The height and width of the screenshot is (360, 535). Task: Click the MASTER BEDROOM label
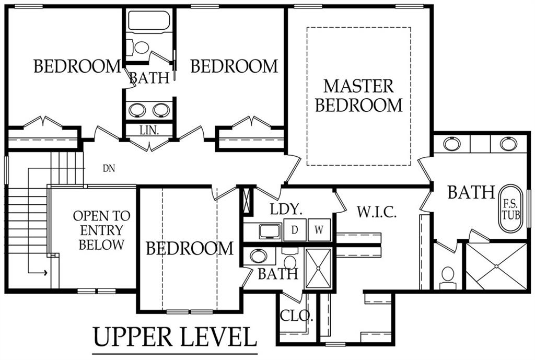(x=358, y=96)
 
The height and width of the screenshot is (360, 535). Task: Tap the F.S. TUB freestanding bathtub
(x=511, y=209)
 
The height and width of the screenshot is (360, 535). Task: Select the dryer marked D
(x=295, y=230)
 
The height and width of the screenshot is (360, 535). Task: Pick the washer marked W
(x=319, y=230)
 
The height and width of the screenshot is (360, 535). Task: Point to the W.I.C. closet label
(x=377, y=212)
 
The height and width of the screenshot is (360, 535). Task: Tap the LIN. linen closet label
(x=149, y=130)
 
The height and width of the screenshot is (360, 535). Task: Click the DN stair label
(x=109, y=168)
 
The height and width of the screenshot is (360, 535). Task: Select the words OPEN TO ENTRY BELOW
(x=101, y=230)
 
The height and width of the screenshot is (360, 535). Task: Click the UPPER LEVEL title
(x=175, y=337)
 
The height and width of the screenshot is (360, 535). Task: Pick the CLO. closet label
(x=296, y=316)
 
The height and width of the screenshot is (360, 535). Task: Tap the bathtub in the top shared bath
(x=149, y=21)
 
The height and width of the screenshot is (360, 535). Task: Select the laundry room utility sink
(x=270, y=231)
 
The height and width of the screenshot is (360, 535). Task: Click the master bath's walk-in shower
(x=496, y=266)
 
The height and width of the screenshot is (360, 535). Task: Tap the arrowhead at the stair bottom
(x=45, y=272)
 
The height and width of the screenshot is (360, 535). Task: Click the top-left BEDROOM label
(x=77, y=66)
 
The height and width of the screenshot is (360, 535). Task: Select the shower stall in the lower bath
(x=318, y=269)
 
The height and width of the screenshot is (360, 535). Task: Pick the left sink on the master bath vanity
(x=452, y=143)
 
